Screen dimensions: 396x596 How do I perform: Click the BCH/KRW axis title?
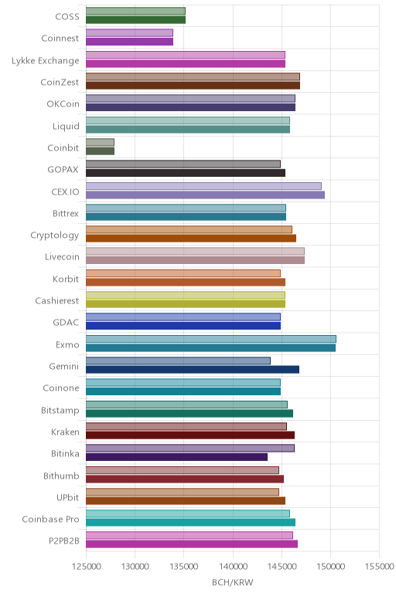(232, 582)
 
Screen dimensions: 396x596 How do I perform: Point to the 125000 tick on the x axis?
(86, 567)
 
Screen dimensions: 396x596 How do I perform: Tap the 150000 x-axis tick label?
(330, 567)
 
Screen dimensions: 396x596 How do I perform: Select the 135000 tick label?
(184, 567)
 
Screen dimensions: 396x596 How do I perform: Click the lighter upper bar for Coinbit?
(100, 142)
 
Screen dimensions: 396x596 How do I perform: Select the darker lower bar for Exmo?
(211, 347)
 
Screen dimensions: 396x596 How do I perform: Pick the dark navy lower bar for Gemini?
(193, 370)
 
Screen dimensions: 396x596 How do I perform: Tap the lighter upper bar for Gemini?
(178, 361)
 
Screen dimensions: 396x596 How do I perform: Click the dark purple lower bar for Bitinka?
(176, 457)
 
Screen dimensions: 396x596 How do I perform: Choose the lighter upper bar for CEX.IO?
(203, 186)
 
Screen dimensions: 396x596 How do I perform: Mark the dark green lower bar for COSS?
(135, 20)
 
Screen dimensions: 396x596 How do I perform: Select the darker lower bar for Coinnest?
(129, 42)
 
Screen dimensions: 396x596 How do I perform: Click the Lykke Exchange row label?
(46, 61)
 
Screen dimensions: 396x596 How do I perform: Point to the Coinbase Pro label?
(50, 520)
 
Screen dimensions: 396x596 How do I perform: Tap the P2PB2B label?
(64, 541)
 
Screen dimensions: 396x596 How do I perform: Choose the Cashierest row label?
(57, 300)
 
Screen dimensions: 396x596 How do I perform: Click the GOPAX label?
(63, 170)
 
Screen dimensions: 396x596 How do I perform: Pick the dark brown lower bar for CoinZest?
(193, 85)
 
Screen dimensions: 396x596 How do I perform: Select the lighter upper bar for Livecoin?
(196, 251)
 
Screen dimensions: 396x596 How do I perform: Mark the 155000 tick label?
(379, 567)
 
